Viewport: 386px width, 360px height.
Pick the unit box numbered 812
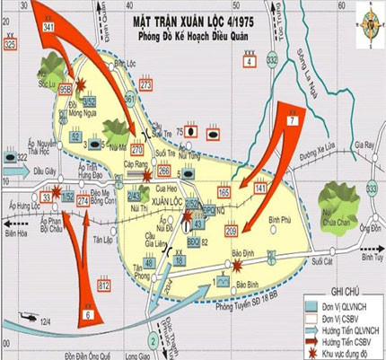tap(103, 285)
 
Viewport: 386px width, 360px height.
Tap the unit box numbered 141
tap(259, 188)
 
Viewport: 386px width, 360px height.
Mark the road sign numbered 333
tap(372, 186)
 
